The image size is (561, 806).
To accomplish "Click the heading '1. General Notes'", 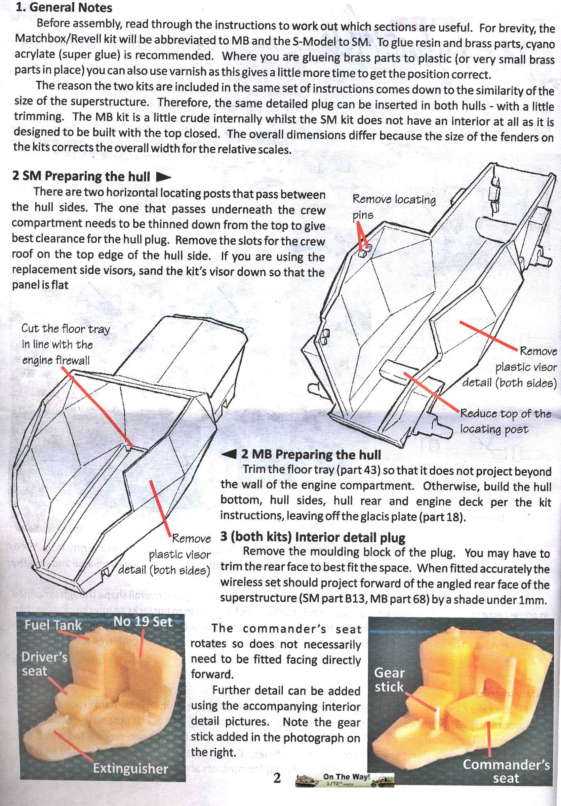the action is pos(64,7).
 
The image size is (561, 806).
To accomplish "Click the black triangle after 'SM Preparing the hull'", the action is pos(163,177).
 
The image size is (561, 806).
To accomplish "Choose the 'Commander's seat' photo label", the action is pos(506,770).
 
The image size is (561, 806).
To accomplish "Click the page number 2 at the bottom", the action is pos(277,778).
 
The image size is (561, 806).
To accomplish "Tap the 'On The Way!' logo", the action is pos(345,780).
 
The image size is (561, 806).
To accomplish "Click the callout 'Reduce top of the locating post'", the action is pos(505,421).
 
